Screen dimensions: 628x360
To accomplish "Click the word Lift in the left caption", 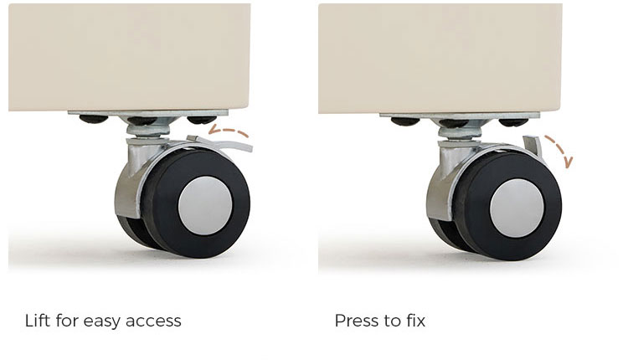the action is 37,321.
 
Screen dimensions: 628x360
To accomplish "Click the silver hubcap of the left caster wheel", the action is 205,205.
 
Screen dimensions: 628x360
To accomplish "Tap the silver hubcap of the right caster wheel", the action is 517,208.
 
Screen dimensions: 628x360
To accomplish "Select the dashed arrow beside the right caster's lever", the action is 561,148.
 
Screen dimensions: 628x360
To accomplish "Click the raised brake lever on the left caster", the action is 224,143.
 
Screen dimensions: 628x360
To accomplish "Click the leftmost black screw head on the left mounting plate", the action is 94,119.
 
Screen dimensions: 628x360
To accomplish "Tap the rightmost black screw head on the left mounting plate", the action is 202,120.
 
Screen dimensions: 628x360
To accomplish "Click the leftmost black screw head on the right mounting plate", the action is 405,121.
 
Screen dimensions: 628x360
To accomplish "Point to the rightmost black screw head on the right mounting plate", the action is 513,122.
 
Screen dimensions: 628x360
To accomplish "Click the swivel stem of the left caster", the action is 147,130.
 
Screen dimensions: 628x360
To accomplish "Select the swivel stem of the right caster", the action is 460,132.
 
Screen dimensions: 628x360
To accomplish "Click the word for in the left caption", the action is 66,321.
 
